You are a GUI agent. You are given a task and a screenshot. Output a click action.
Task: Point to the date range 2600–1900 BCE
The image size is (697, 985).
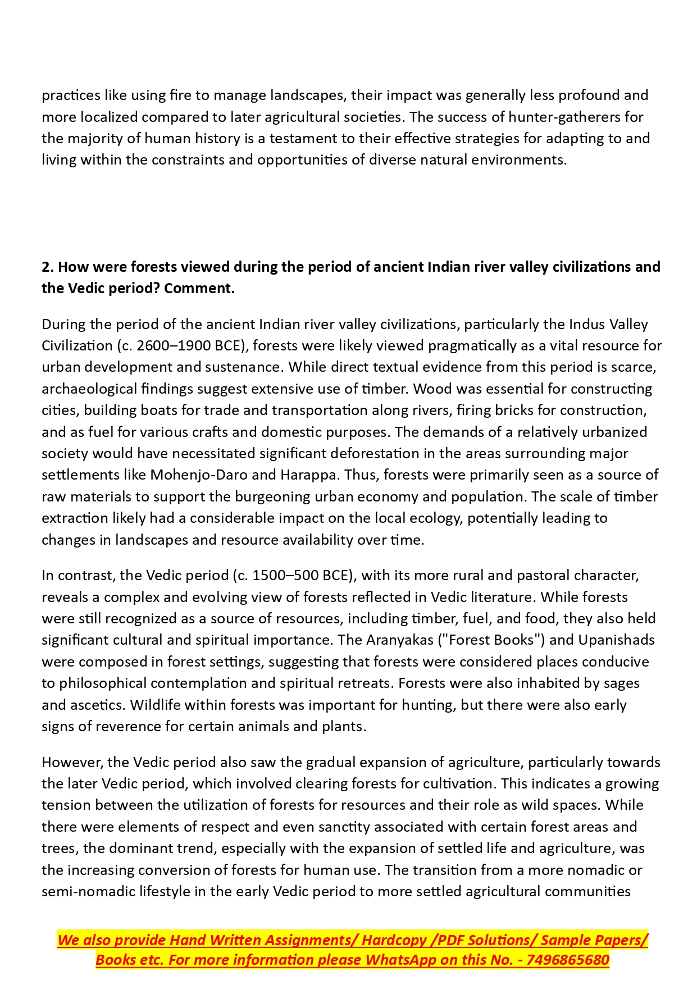pos(189,345)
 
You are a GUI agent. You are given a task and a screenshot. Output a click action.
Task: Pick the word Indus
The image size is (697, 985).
pos(587,324)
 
